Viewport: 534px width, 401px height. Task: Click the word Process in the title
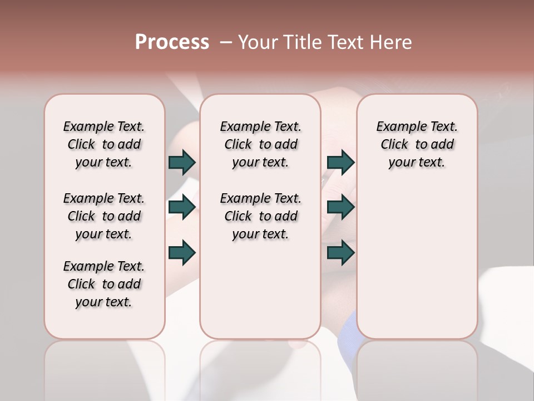tap(172, 42)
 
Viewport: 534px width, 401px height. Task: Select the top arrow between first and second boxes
tap(182, 162)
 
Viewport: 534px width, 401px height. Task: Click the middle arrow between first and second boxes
tap(182, 207)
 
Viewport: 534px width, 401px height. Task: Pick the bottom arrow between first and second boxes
tap(182, 252)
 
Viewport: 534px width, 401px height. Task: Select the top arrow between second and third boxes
tap(340, 162)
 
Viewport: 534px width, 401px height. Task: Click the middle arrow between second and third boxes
tap(340, 207)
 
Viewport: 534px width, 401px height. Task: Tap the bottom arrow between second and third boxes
tap(340, 252)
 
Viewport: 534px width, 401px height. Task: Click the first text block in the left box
tap(104, 144)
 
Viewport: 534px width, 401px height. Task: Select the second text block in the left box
tap(104, 216)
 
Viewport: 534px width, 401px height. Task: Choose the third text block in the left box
tap(104, 284)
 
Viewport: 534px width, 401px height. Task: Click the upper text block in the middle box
tap(260, 144)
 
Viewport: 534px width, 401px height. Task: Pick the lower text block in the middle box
tap(260, 216)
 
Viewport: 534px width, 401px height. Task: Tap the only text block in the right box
tap(417, 144)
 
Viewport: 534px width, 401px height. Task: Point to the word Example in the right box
tap(397, 127)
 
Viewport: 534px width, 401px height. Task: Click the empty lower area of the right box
tap(417, 262)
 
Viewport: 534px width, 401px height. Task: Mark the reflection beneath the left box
tap(105, 368)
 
